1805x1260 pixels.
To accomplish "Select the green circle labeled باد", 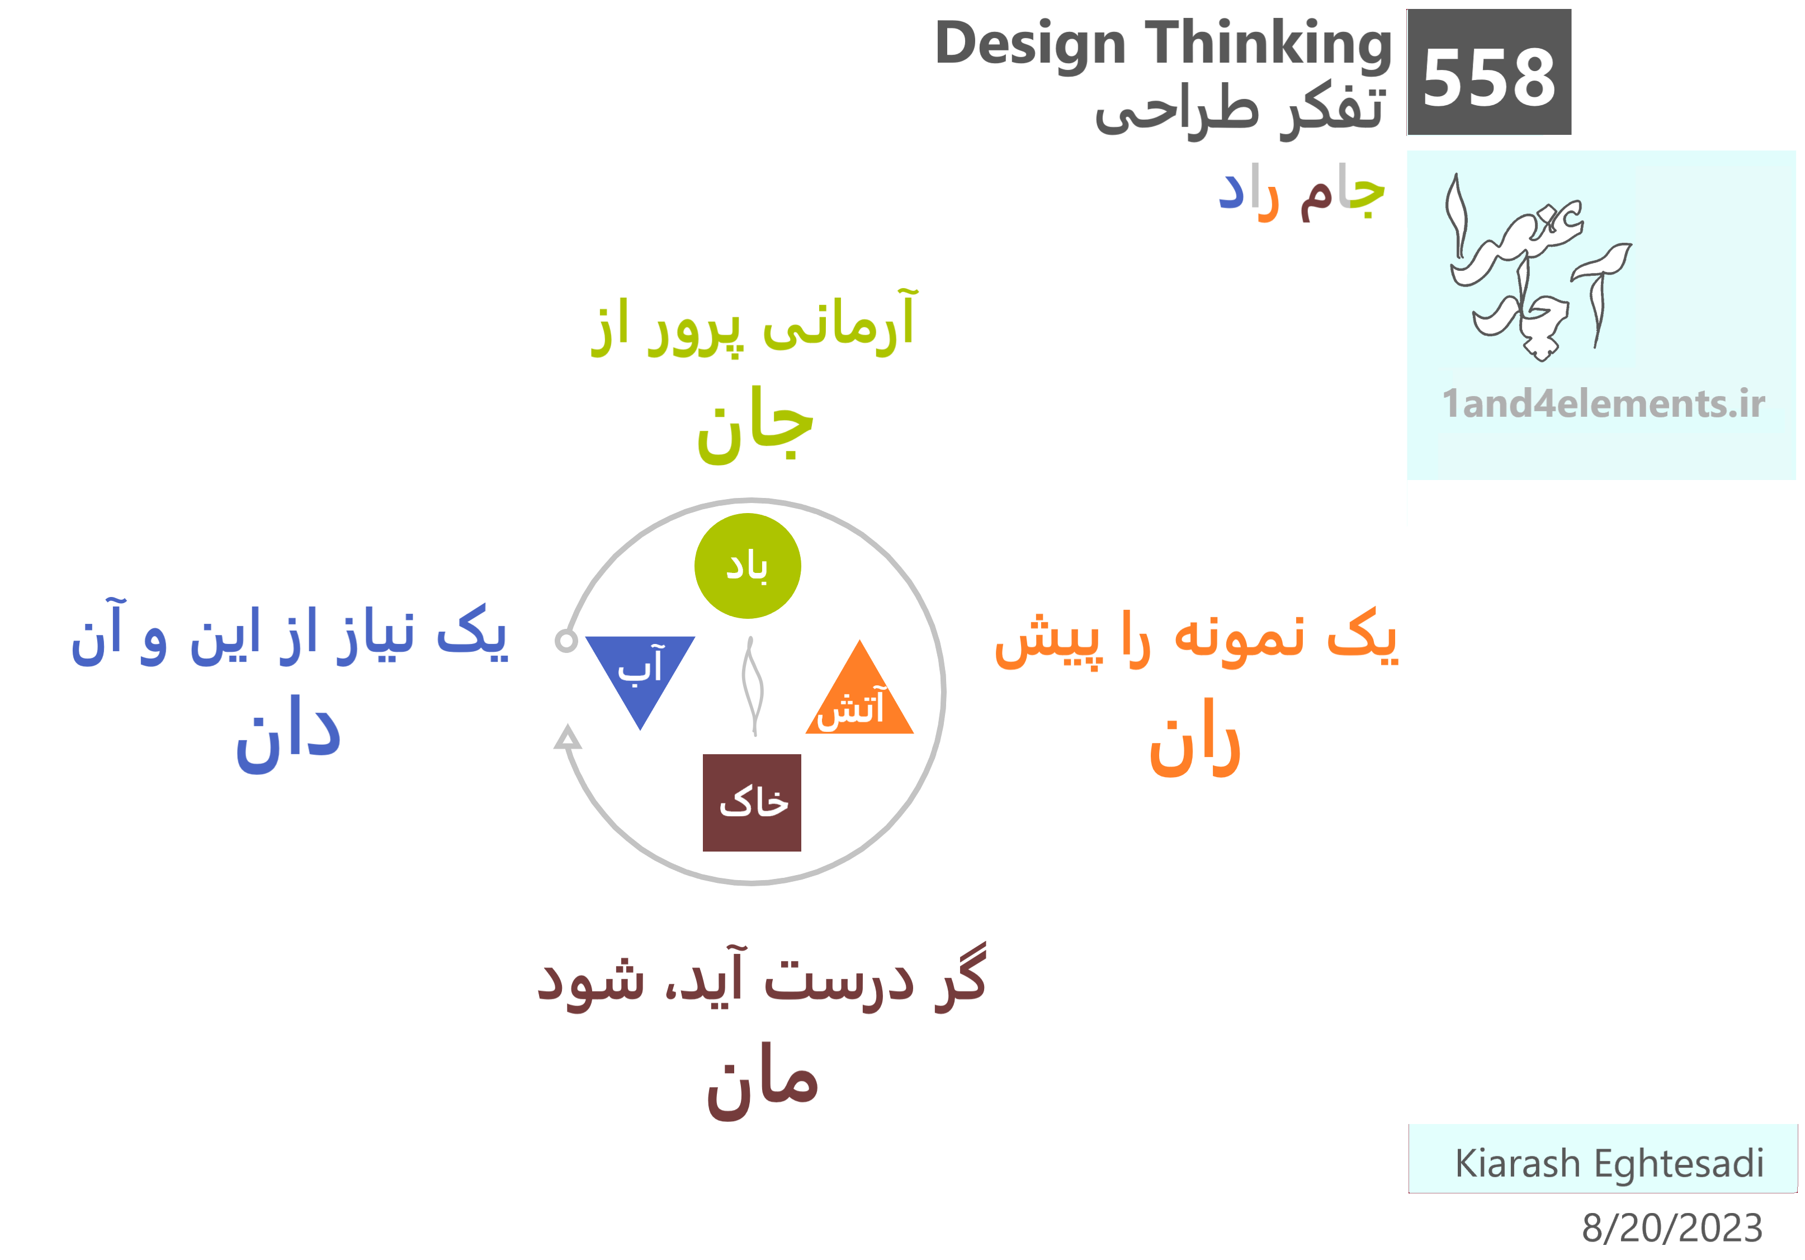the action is tap(748, 566).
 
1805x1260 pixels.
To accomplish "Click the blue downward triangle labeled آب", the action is tap(640, 673).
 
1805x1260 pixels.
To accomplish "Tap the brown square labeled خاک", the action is tap(752, 802).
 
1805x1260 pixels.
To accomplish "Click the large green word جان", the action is tap(755, 425).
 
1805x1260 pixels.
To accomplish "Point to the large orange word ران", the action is tap(1195, 739).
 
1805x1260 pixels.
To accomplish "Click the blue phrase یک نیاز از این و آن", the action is tap(289, 634).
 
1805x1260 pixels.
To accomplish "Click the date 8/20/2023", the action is tap(1672, 1228).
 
